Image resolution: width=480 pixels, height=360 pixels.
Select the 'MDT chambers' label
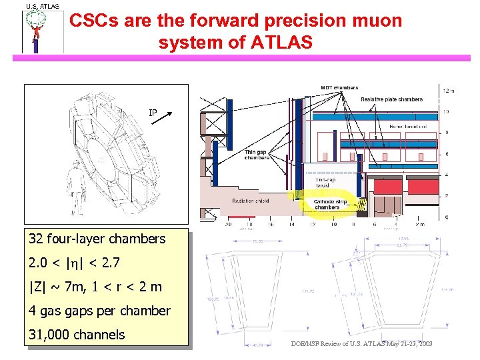339,87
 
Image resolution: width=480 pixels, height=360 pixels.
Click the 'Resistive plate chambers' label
391,99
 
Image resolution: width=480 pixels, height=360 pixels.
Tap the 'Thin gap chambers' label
257,155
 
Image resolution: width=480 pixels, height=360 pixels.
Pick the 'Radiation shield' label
250,201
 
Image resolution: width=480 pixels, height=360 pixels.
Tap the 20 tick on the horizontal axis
229,225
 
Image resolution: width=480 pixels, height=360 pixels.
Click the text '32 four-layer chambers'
97,239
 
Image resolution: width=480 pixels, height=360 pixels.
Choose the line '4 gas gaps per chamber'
99,311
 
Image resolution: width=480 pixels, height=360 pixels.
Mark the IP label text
153,113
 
